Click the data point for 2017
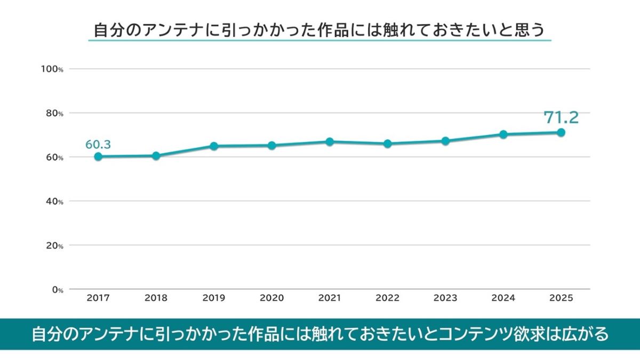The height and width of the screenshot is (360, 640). pos(98,156)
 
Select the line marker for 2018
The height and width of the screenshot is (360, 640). pos(156,156)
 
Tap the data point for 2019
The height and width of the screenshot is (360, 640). pos(214,146)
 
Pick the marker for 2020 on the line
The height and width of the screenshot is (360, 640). pos(271,145)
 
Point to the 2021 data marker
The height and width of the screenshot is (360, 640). pos(330,142)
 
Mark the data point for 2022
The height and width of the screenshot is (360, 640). pos(387,143)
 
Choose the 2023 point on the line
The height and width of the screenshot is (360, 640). pos(445,141)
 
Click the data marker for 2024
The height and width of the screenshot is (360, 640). pos(503,134)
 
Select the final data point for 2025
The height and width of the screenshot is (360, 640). pos(561,132)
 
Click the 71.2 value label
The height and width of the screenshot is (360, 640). pos(561,117)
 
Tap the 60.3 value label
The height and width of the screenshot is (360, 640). pos(98,145)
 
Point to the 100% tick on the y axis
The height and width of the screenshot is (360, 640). pos(52,69)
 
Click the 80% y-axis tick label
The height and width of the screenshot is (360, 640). pos(54,113)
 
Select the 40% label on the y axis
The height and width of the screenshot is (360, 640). pos(54,201)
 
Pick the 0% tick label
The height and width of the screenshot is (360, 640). pos(57,290)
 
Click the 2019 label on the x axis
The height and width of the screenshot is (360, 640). pos(214,298)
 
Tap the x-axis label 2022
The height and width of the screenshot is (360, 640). pos(387,298)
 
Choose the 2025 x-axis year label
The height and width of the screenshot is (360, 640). pos(561,298)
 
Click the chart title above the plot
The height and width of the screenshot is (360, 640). pos(319,30)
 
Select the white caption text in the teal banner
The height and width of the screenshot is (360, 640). pos(320,334)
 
